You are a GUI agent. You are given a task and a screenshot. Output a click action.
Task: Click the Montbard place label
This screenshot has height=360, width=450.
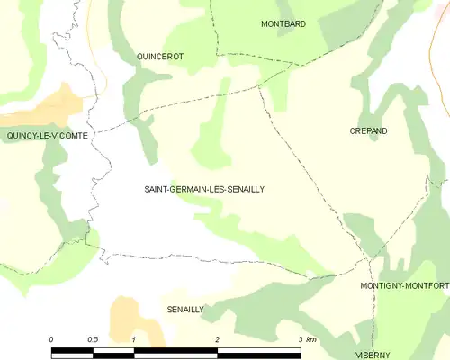tap(283, 23)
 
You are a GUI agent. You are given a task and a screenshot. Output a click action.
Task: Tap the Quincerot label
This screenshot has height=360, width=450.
tap(160, 56)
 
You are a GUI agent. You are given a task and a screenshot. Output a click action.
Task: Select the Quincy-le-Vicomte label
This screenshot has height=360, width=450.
tap(47, 136)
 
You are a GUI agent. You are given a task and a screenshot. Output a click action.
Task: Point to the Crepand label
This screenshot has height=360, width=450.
tap(368, 131)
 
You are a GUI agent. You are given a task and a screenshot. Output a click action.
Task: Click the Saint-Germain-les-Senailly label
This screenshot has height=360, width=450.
tap(204, 190)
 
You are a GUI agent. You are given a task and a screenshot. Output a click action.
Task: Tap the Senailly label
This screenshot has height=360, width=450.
tap(186, 310)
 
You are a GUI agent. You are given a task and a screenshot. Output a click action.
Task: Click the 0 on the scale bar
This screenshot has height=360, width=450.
tap(51, 339)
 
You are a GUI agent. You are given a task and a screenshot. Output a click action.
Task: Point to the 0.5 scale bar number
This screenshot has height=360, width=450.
tap(92, 339)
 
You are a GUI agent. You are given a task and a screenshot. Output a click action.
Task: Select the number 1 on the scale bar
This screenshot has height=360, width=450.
tap(133, 339)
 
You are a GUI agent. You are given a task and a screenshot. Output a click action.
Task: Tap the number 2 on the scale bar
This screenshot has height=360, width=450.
tap(217, 339)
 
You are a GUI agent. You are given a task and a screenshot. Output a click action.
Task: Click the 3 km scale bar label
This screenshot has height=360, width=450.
tap(306, 339)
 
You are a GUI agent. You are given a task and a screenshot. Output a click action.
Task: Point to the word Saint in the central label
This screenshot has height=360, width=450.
tap(157, 190)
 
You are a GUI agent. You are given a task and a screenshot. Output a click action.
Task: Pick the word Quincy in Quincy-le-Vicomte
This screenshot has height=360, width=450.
tap(22, 136)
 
